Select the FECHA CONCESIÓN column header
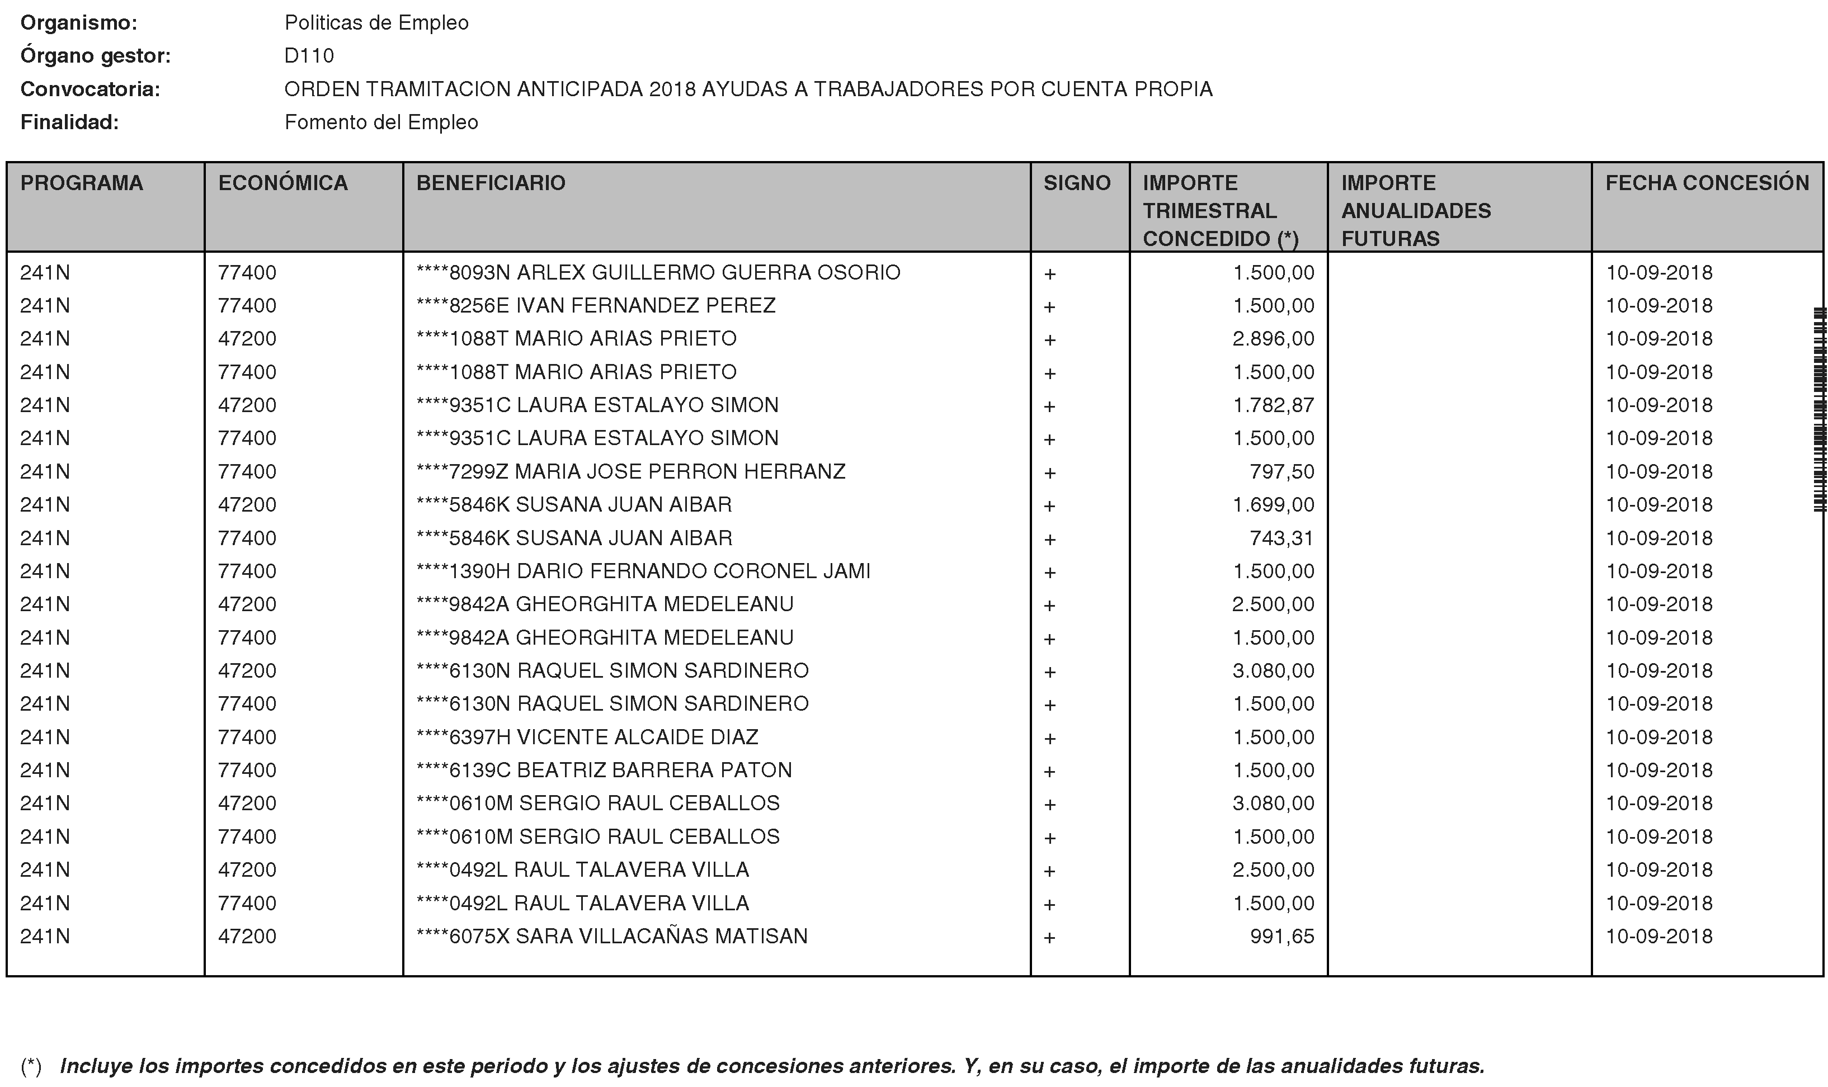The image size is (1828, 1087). point(1707,183)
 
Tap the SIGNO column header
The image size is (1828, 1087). point(1076,183)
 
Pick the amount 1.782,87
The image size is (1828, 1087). point(1273,405)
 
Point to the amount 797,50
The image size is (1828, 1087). point(1282,472)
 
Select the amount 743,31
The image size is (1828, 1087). point(1282,538)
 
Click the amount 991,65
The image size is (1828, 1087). point(1282,937)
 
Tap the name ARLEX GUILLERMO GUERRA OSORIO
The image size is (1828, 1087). point(708,272)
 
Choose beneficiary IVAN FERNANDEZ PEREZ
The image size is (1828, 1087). point(646,305)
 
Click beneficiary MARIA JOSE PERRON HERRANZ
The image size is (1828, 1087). point(680,472)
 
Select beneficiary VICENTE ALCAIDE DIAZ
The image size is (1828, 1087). point(638,737)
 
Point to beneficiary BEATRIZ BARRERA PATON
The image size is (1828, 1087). point(654,771)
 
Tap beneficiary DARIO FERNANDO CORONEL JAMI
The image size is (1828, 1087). point(693,571)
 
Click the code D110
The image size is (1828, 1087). point(309,56)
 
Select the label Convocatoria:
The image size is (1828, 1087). point(90,89)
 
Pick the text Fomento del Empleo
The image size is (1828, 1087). point(381,122)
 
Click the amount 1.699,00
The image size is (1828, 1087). point(1273,505)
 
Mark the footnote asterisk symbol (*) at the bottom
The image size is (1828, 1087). point(31,1066)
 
